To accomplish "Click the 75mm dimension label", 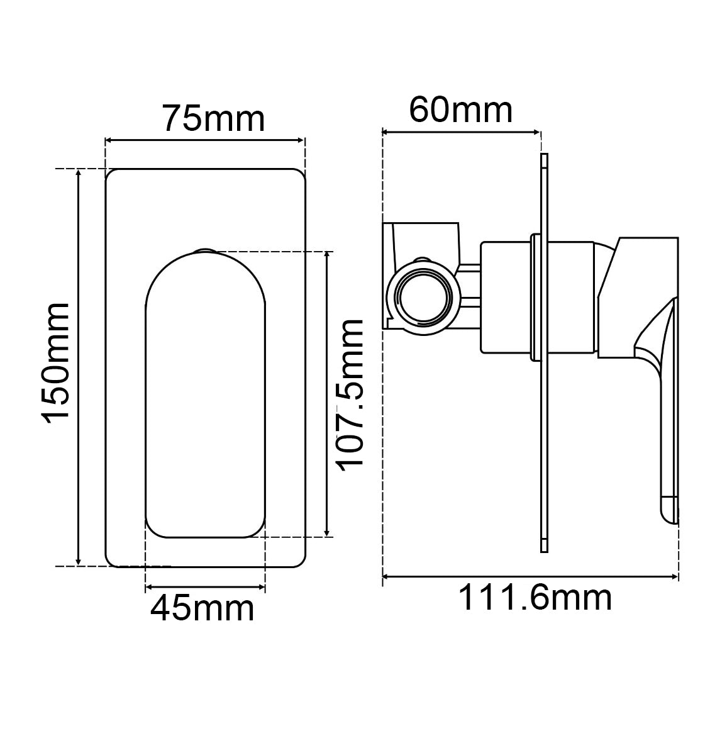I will (x=213, y=118).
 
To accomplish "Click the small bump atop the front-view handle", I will (x=204, y=251).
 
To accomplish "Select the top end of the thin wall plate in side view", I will (x=544, y=157).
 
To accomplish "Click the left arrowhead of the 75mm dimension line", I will (x=108, y=141).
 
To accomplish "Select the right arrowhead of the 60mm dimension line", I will (x=536, y=132).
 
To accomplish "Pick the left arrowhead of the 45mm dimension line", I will (x=149, y=588).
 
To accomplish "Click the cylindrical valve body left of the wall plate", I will (x=506, y=297).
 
